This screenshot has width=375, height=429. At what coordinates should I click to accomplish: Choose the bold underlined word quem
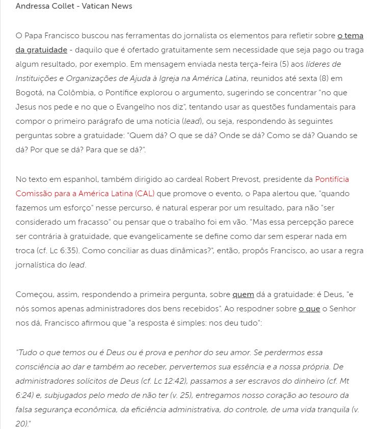pos(243,294)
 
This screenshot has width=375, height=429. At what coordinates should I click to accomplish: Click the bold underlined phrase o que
pos(309,309)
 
